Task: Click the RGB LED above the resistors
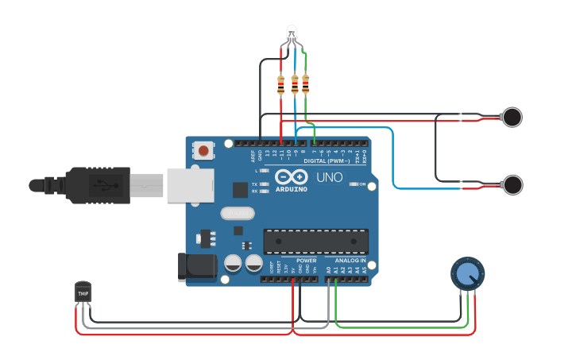pyautogui.click(x=292, y=33)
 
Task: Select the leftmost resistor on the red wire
pyautogui.click(x=281, y=84)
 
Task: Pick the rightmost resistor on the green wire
pyautogui.click(x=306, y=83)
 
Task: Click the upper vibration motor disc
pyautogui.click(x=512, y=118)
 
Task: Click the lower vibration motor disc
pyautogui.click(x=513, y=185)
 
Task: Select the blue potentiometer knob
pyautogui.click(x=466, y=274)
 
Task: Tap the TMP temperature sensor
pyautogui.click(x=83, y=292)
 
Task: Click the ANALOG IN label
pyautogui.click(x=350, y=261)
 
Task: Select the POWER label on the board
pyautogui.click(x=307, y=261)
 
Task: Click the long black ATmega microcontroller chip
pyautogui.click(x=316, y=241)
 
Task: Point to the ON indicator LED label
pyautogui.click(x=362, y=184)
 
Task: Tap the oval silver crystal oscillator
pyautogui.click(x=237, y=213)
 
